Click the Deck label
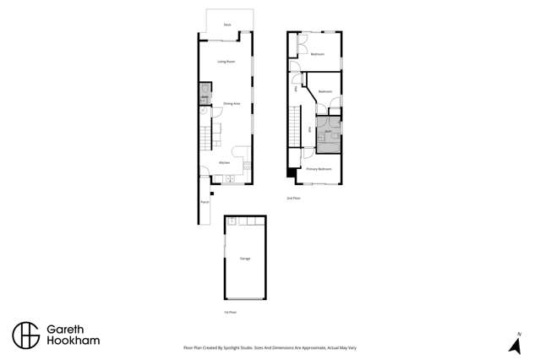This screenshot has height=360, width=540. point(227,25)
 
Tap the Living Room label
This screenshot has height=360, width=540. point(226,62)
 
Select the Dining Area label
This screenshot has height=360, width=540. point(232,103)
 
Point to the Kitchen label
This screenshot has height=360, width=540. point(225,162)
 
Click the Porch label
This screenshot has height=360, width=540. point(205,203)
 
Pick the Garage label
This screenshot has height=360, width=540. point(245,258)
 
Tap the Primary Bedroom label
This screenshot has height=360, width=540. point(318,169)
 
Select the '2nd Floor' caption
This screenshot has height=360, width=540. point(293,198)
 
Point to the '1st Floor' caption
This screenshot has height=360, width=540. point(230,312)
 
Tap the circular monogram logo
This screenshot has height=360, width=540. point(25,335)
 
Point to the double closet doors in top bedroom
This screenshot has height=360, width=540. point(302,46)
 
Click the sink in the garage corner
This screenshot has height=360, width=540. point(232,221)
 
